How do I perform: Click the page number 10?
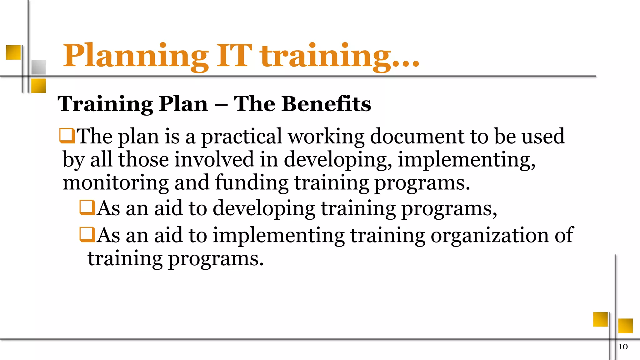tap(623, 347)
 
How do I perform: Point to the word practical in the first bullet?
tap(241, 137)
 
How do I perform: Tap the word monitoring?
tap(115, 183)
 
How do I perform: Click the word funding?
tap(252, 182)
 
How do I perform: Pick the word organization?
tap(489, 235)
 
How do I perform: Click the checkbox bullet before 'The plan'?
tap(67, 136)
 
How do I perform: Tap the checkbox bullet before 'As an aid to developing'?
tap(87, 207)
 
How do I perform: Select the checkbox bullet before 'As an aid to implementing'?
tap(87, 234)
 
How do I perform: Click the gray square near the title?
tap(39, 67)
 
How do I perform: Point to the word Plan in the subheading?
tap(183, 104)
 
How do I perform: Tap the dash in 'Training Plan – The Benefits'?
tap(221, 104)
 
